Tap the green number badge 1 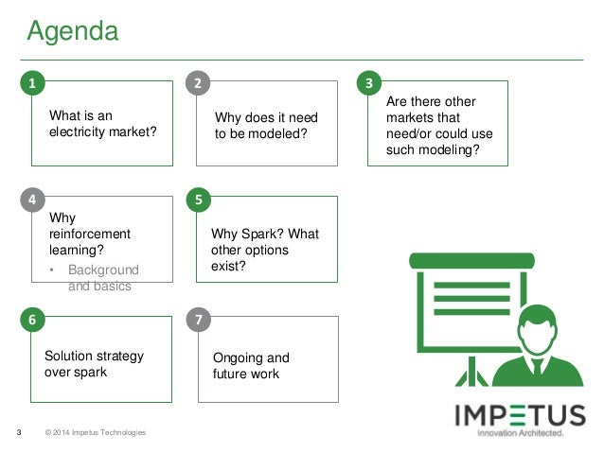(x=33, y=83)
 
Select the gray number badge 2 (x=197, y=83)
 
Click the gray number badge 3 (x=369, y=83)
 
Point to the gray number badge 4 (x=33, y=200)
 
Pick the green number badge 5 (x=197, y=200)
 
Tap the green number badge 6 (x=33, y=320)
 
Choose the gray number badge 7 (x=197, y=320)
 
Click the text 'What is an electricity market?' (x=101, y=124)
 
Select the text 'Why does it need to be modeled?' (x=267, y=126)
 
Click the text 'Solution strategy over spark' (x=95, y=364)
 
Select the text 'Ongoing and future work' (x=252, y=366)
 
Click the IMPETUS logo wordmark (x=520, y=415)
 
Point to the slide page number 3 (x=21, y=433)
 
